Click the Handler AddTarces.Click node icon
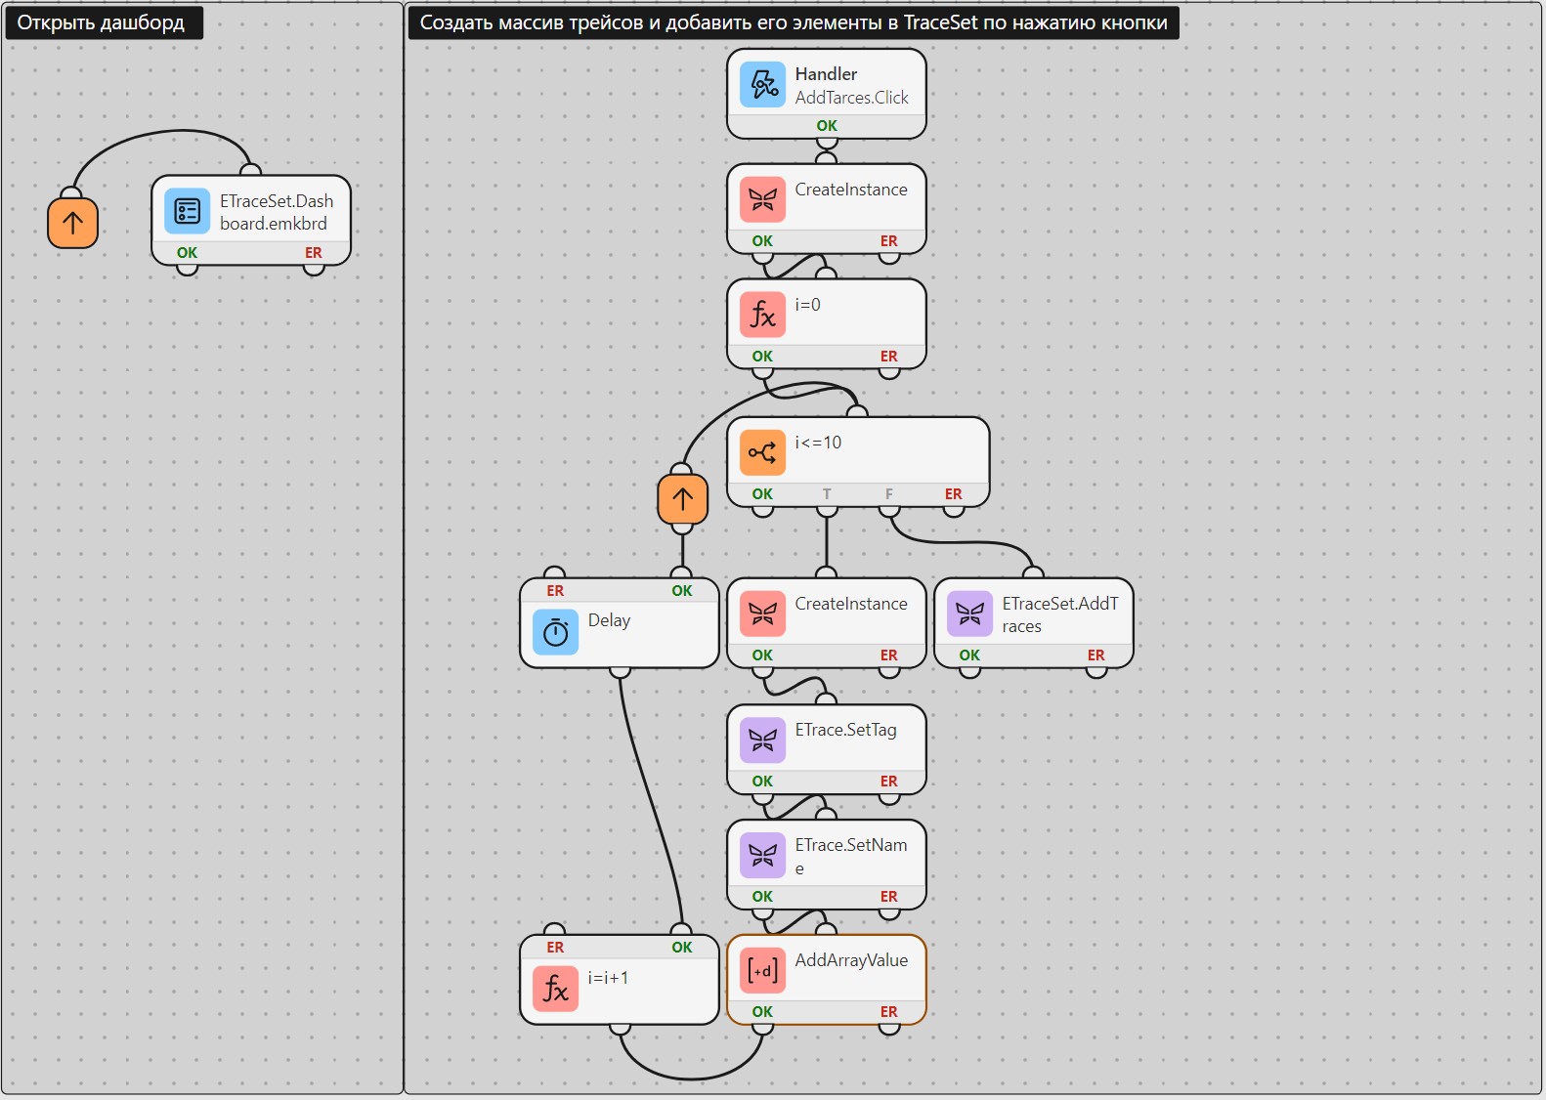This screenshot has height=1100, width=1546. pos(762,84)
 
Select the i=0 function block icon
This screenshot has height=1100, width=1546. pos(762,315)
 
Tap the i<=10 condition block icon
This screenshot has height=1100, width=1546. pos(762,452)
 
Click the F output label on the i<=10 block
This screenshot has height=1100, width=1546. pos(889,494)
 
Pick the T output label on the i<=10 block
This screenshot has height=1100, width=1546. pos(826,494)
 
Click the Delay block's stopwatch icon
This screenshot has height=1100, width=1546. pos(555,632)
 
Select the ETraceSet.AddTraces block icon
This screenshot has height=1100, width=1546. pos(969,613)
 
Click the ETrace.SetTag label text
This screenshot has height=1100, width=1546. pos(845,730)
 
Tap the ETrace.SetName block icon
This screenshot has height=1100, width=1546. pos(762,855)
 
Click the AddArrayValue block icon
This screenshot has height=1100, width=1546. pos(762,970)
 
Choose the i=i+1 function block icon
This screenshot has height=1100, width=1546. pos(555,989)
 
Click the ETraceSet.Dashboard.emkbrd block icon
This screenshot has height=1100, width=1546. pos(187,211)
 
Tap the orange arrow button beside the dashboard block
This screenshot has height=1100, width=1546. pos(72,222)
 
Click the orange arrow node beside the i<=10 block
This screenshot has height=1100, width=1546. pos(682,498)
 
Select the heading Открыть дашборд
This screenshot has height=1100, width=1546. pos(101,22)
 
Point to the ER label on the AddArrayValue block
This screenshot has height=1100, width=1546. pos(889,1012)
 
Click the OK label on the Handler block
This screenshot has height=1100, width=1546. pos(826,126)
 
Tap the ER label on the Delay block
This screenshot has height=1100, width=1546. pos(555,591)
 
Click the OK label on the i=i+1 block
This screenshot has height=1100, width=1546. pos(681,948)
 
